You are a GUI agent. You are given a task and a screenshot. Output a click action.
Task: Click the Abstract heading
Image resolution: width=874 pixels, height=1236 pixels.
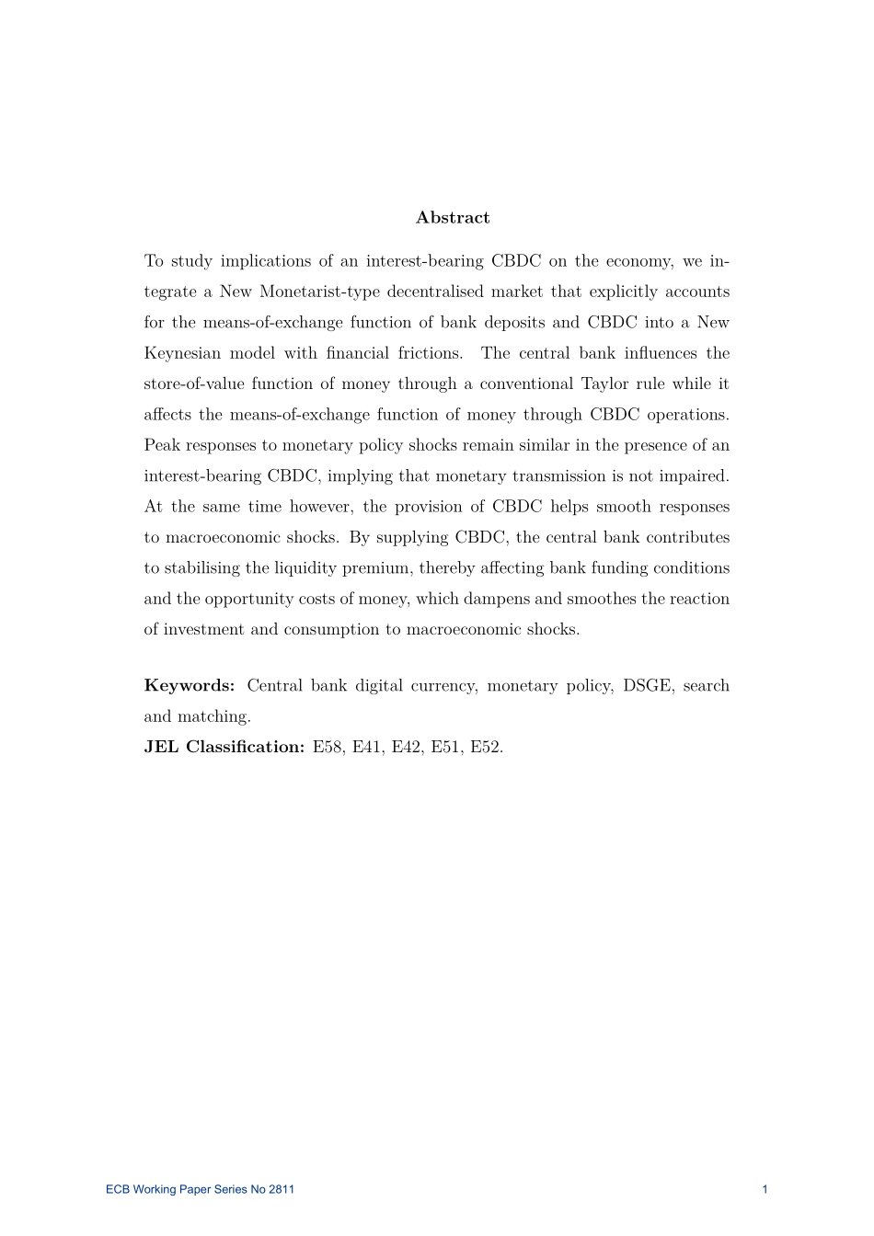(x=453, y=218)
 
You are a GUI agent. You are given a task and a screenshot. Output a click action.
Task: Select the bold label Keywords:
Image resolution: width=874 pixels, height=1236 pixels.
(x=190, y=686)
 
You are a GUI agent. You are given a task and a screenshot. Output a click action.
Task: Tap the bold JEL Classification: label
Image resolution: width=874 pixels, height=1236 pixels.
(x=224, y=747)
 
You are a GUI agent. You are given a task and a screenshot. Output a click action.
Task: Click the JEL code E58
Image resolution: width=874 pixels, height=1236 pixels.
(x=328, y=747)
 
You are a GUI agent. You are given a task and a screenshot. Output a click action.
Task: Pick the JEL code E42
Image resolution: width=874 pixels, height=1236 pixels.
(x=407, y=747)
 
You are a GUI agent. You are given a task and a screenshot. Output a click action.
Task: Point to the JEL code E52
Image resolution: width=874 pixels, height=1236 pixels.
(x=486, y=747)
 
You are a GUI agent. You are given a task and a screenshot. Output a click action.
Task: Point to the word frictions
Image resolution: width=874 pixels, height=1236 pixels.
(x=431, y=353)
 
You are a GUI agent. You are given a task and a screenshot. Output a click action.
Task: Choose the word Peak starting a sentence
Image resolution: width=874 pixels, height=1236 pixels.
(x=162, y=445)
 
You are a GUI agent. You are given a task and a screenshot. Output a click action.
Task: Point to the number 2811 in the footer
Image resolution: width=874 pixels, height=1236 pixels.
(x=282, y=1190)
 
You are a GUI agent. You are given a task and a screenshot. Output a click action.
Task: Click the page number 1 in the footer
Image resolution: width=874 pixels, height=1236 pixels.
(x=765, y=1190)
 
